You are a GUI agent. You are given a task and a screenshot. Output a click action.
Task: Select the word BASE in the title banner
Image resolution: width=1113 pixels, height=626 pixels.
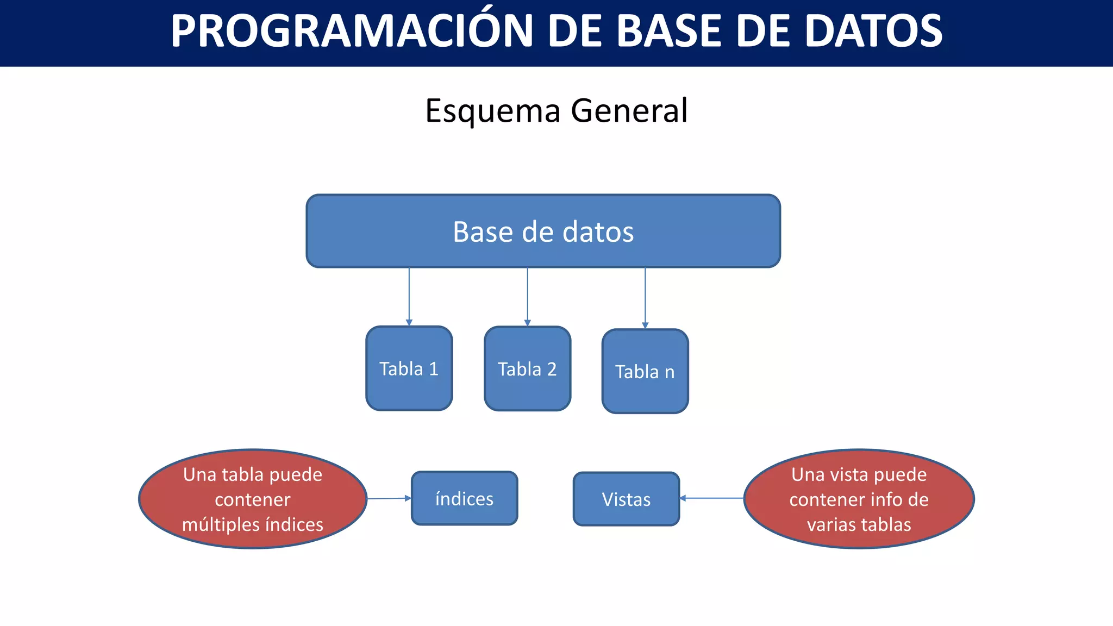click(669, 32)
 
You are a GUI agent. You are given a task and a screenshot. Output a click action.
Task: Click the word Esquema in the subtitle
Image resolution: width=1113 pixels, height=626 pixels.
click(492, 111)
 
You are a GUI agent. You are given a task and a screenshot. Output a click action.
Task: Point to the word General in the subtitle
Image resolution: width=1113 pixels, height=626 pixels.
click(629, 111)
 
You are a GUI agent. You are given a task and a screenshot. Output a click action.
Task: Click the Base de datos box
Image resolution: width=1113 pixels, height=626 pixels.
click(543, 231)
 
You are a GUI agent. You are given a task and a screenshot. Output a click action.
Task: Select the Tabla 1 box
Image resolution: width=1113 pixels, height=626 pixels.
click(409, 369)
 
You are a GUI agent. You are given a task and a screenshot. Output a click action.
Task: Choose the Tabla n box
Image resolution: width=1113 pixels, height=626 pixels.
click(645, 372)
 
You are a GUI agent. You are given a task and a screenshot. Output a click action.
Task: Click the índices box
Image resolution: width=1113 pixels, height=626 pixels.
click(464, 498)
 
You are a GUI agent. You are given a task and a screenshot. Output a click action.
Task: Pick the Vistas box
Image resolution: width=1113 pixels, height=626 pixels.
click(626, 499)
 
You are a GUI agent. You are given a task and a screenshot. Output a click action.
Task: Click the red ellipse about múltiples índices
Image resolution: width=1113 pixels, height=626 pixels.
click(253, 499)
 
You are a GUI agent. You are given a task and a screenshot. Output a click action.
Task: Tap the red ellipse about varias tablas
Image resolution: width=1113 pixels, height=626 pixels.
click(859, 499)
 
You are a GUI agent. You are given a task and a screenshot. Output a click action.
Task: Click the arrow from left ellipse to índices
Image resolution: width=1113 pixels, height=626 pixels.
click(389, 498)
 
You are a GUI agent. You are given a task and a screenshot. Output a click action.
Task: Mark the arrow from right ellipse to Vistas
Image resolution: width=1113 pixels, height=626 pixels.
click(711, 498)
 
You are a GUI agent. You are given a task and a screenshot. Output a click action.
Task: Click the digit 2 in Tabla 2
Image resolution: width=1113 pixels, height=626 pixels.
click(552, 370)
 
